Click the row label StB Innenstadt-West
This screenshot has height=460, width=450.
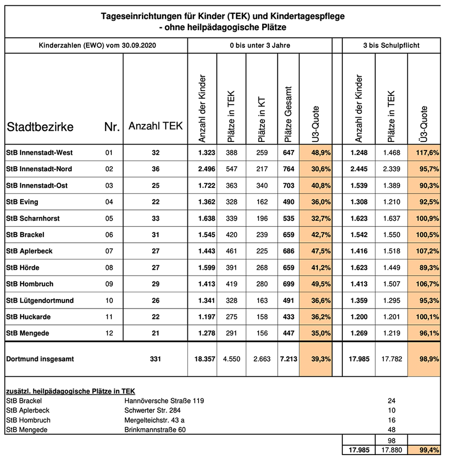(x=40, y=152)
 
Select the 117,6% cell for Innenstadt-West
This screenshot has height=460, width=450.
(x=424, y=152)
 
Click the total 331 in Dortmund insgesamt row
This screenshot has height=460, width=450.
(x=155, y=359)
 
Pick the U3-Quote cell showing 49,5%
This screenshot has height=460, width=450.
(x=316, y=284)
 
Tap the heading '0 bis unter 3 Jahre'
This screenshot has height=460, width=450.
(x=260, y=46)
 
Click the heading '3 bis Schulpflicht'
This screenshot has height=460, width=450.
(x=391, y=46)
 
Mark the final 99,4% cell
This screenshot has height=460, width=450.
(x=424, y=450)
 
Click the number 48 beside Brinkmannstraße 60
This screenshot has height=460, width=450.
(x=391, y=430)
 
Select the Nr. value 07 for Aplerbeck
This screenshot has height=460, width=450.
(x=109, y=251)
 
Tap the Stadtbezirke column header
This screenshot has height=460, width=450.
(x=40, y=127)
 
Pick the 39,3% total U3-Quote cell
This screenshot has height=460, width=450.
(x=316, y=359)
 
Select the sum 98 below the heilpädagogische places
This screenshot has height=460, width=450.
(x=391, y=441)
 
